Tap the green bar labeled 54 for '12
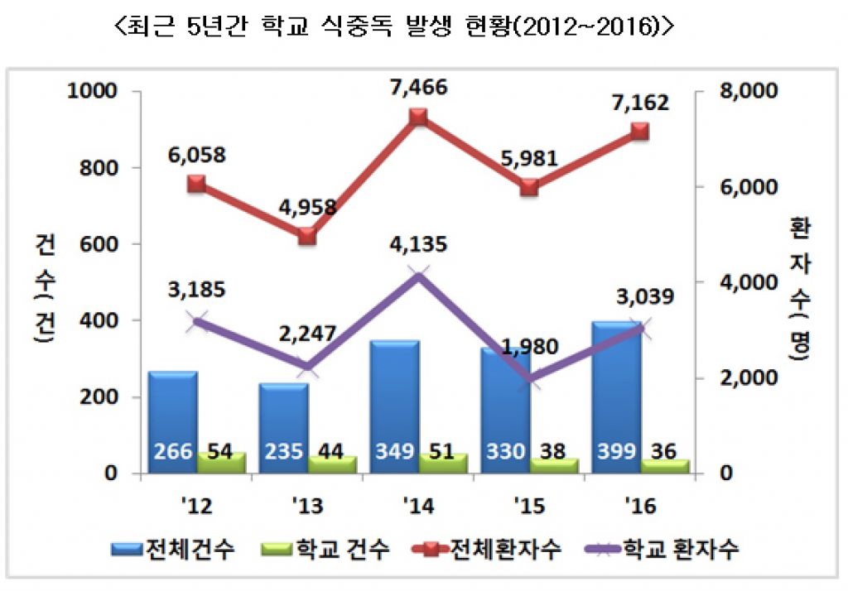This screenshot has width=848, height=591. pos(221,463)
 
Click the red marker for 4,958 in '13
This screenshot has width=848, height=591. pos(307,236)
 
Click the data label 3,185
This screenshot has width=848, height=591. pos(195,291)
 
